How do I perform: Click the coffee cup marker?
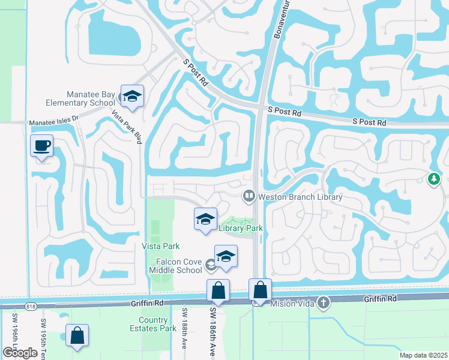tap(41, 146)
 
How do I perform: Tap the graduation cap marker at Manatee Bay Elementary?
tap(132, 96)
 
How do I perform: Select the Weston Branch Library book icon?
tap(248, 196)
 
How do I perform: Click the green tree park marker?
tap(433, 178)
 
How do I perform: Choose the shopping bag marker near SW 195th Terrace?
tap(77, 335)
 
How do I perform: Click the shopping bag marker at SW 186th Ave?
tap(218, 290)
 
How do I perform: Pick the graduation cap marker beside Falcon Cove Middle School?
tap(226, 256)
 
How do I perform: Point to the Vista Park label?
tap(161, 246)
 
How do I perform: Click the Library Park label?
tap(241, 228)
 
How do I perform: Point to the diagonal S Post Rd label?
tap(195, 71)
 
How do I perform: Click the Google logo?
tap(20, 352)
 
